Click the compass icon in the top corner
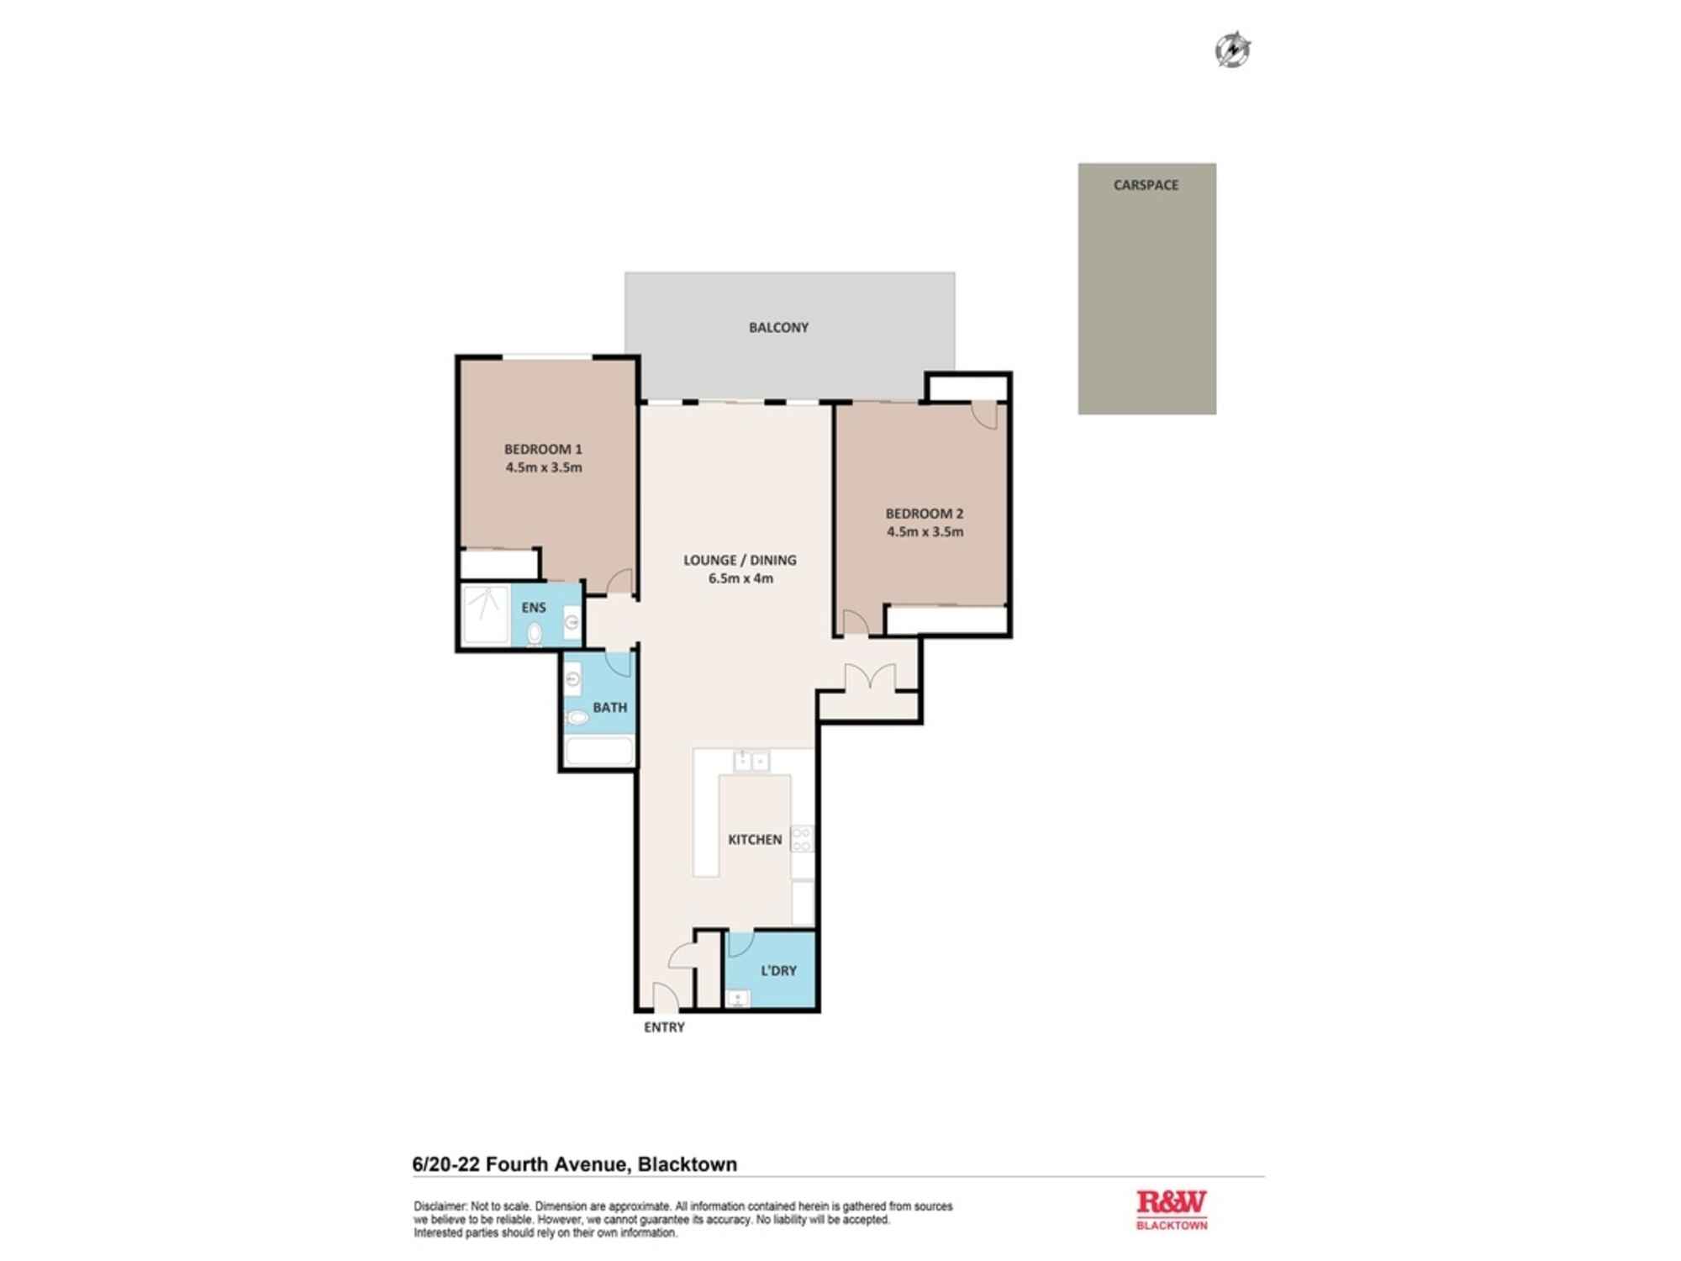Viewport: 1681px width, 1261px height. (1232, 50)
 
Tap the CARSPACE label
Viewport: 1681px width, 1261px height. (1146, 185)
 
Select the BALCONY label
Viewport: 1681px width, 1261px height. (778, 328)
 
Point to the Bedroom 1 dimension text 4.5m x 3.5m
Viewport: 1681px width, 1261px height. (544, 467)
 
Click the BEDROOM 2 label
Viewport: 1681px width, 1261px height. (925, 513)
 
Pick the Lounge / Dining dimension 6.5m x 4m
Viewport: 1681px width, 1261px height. (740, 578)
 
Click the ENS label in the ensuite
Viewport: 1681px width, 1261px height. (534, 607)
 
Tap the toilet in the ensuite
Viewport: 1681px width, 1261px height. (535, 634)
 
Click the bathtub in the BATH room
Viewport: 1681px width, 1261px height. (599, 751)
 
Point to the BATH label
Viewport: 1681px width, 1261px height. (610, 708)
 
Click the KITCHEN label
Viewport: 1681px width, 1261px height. (755, 839)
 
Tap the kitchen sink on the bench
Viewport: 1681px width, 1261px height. (751, 762)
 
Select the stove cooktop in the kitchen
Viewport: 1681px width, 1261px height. (802, 838)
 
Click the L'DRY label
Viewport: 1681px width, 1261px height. (778, 971)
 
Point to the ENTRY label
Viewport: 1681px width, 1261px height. (664, 1027)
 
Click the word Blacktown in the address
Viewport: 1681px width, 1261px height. (688, 1164)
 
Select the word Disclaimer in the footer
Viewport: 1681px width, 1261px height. (440, 1206)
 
